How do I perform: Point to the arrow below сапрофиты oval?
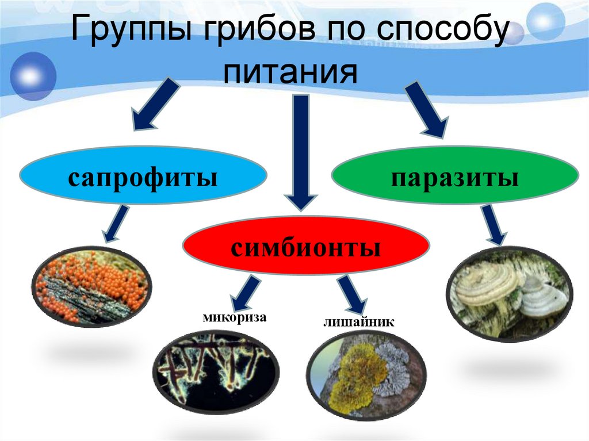click(x=115, y=224)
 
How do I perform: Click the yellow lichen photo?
click(x=366, y=373)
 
